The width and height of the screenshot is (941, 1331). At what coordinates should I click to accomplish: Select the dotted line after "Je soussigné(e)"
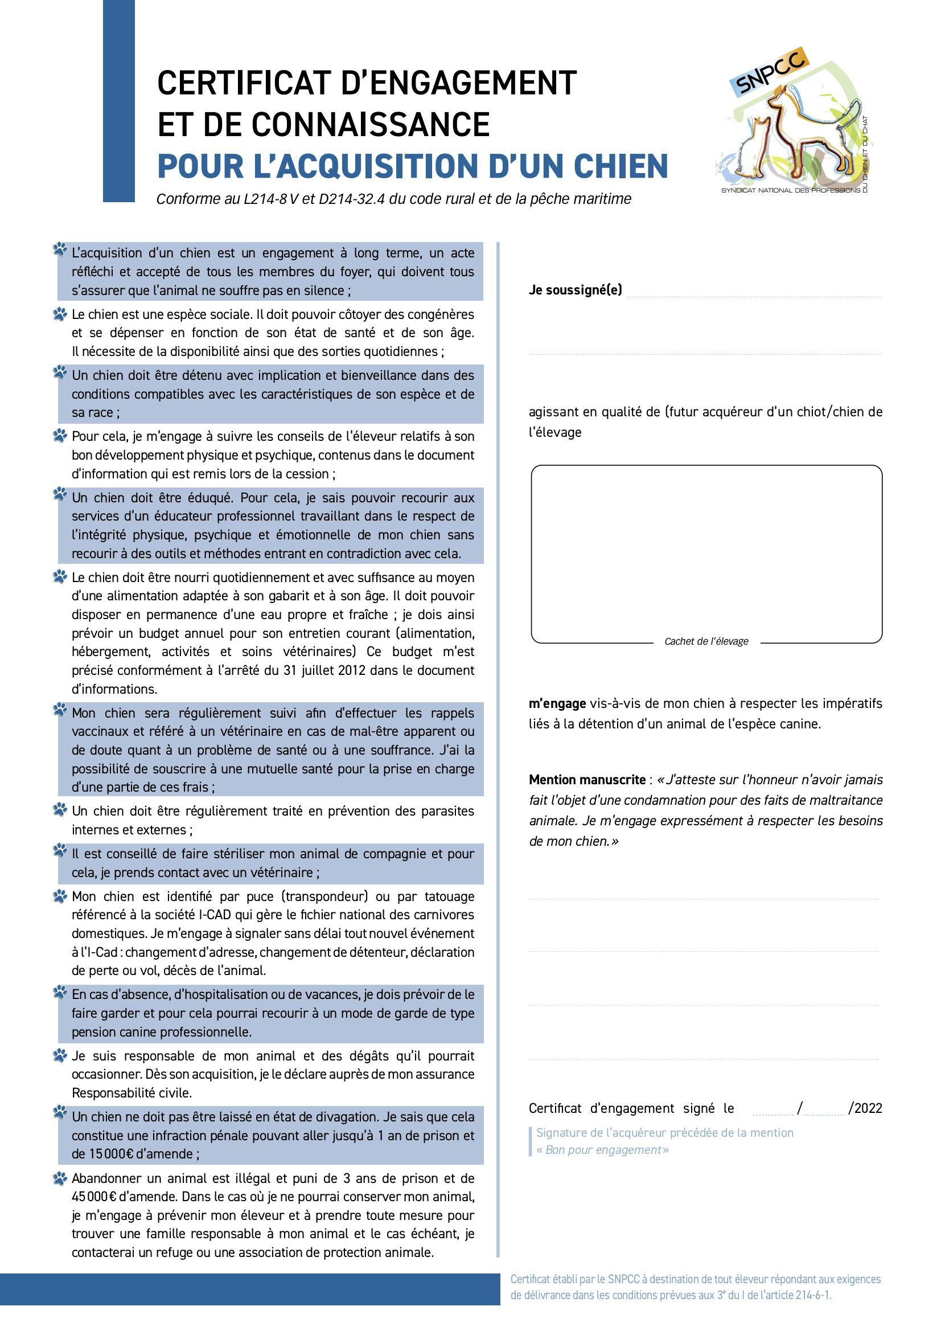(753, 295)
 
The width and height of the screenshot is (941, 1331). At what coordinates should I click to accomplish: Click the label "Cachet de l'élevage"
(706, 641)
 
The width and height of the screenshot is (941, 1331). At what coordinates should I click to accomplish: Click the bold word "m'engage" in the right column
(557, 704)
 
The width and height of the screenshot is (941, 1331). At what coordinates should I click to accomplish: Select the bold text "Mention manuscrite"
(586, 780)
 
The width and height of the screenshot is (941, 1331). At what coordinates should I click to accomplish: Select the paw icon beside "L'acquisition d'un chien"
(60, 251)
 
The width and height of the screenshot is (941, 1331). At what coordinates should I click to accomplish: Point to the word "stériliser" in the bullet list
(232, 854)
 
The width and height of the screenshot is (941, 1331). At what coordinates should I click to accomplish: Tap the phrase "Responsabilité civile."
(132, 1093)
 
